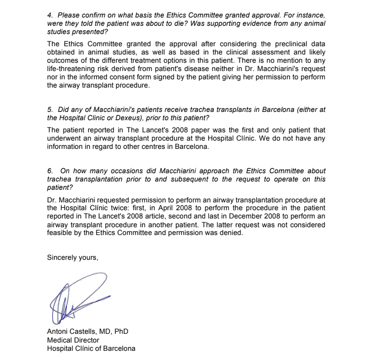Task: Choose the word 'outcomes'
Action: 62,61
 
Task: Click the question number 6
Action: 50,171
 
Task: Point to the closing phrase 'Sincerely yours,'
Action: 73,258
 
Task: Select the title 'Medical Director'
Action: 73,340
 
